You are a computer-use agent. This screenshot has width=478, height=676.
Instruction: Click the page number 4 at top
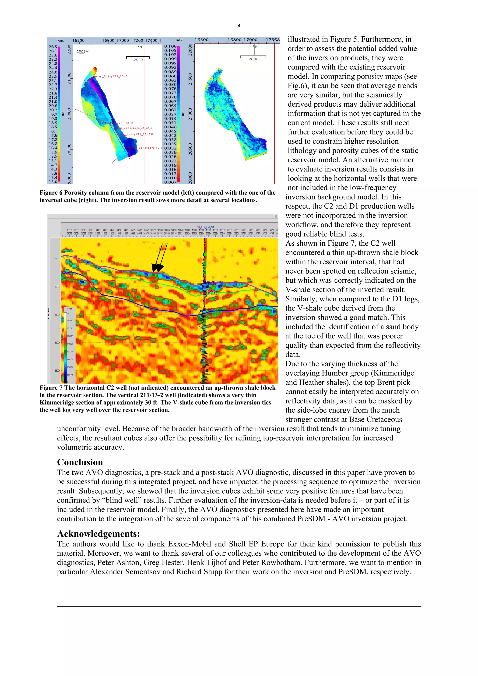(x=239, y=26)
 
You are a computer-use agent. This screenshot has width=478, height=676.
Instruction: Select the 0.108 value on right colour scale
(x=170, y=46)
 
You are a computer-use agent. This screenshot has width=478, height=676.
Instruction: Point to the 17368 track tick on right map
(x=272, y=40)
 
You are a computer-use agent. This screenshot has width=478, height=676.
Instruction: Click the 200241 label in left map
(x=83, y=52)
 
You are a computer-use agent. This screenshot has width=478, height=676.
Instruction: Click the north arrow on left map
(x=138, y=50)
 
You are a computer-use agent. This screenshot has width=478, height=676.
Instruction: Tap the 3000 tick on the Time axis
(x=56, y=287)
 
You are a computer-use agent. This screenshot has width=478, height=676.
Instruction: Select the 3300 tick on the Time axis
(x=56, y=371)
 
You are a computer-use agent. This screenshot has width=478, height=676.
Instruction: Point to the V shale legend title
(x=70, y=309)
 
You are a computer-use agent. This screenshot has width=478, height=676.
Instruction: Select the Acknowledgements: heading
(x=98, y=533)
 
